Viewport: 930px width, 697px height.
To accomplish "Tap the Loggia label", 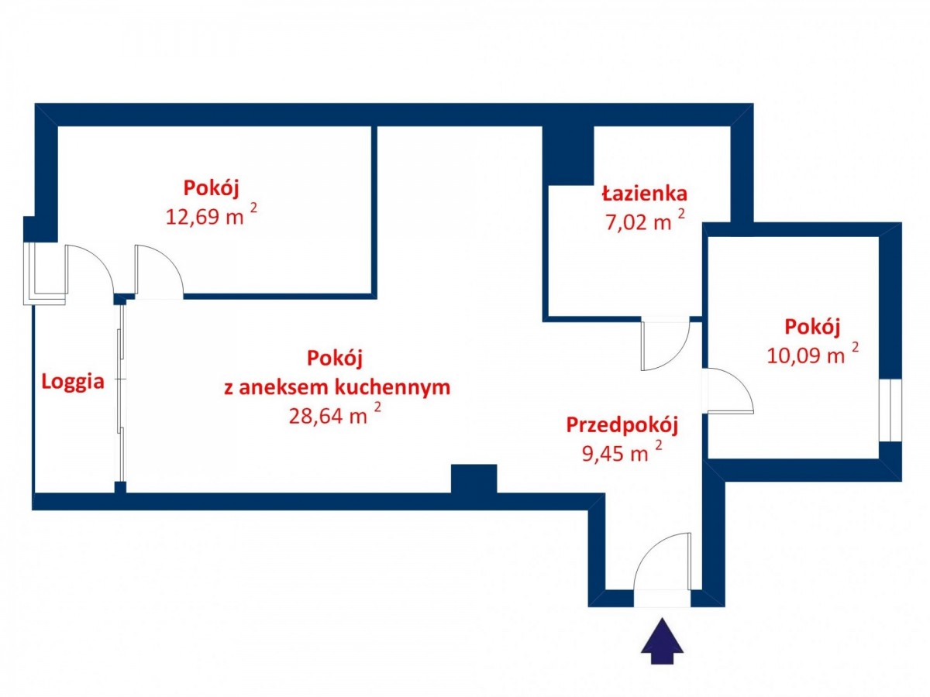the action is [x=72, y=382].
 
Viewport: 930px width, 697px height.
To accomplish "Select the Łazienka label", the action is [x=644, y=194].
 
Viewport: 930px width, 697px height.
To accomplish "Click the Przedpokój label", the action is [x=622, y=425].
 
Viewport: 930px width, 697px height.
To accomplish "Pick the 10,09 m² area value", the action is [x=813, y=354].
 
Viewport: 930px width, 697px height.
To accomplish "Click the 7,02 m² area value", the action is [x=645, y=221].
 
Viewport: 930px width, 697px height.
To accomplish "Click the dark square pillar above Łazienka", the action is [x=568, y=155].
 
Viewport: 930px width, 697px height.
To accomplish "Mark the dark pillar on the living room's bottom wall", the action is [x=474, y=479].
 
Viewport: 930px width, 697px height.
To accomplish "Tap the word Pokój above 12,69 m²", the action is [x=211, y=187].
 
